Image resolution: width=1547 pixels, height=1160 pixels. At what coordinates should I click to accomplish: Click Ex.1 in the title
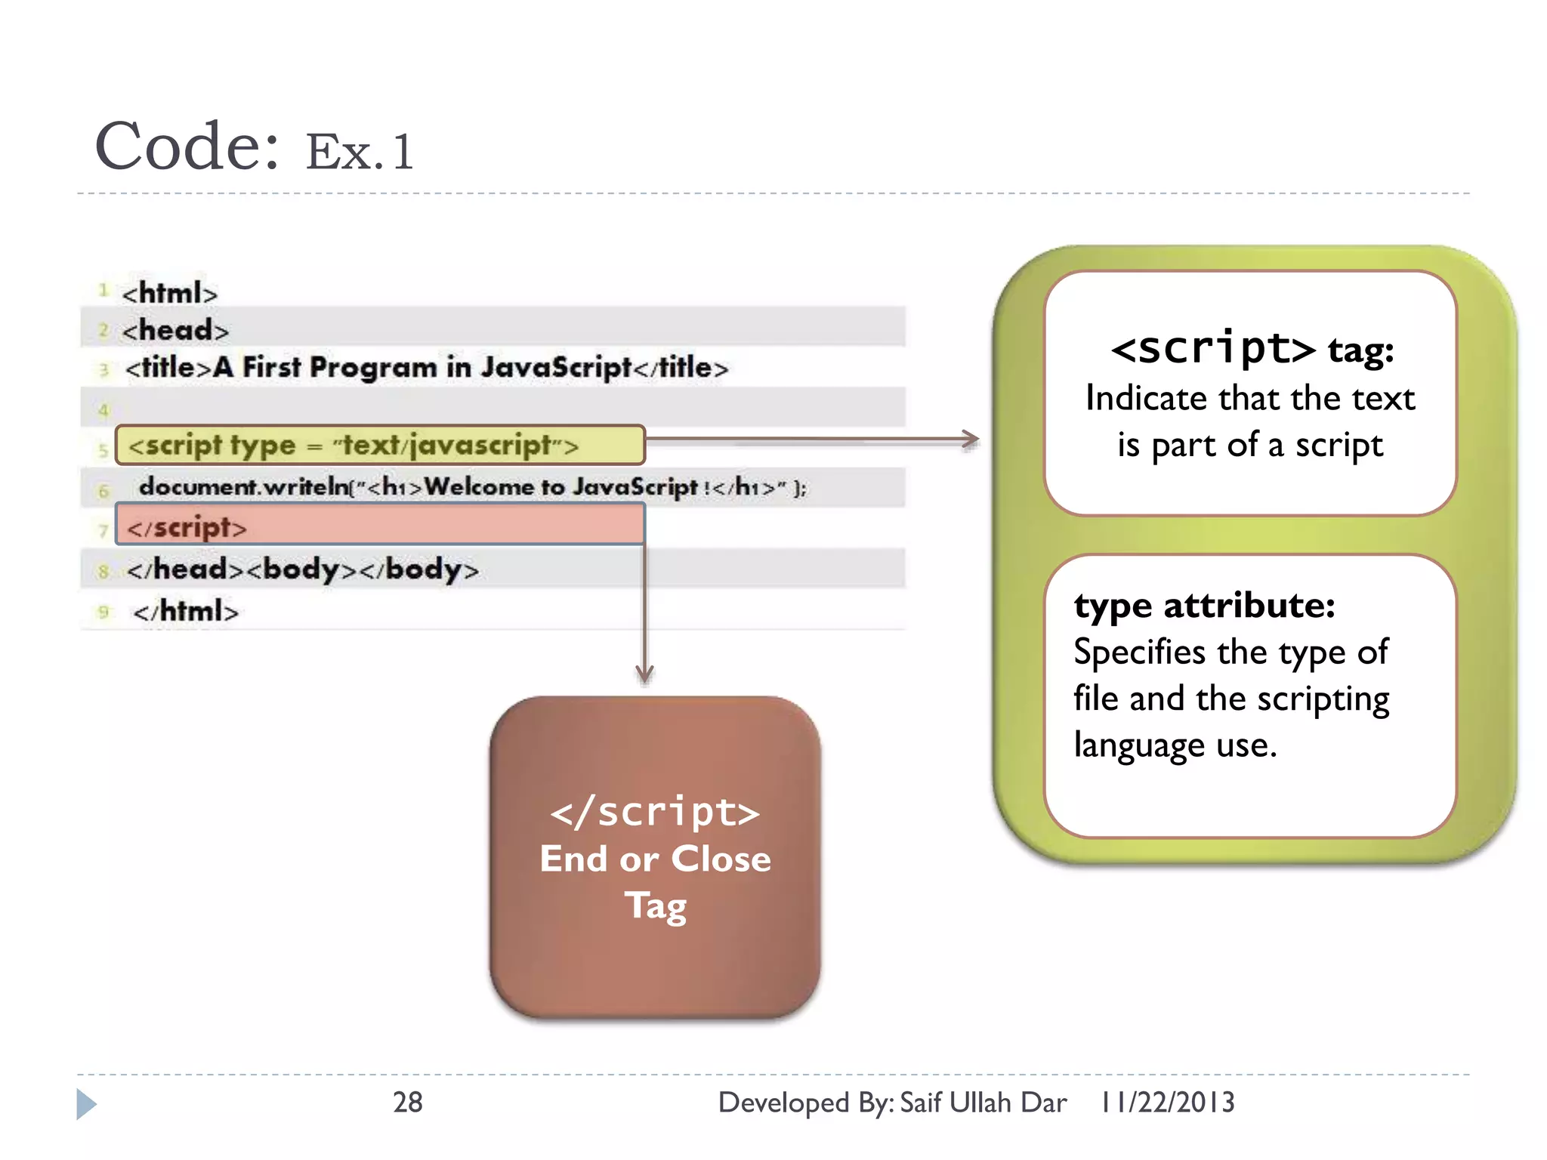click(x=360, y=152)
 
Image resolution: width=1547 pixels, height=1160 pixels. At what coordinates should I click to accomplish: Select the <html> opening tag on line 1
click(x=170, y=293)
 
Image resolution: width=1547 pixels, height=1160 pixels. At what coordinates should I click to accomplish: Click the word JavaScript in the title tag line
click(x=556, y=368)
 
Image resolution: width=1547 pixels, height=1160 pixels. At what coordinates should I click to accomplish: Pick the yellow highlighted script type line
click(x=380, y=445)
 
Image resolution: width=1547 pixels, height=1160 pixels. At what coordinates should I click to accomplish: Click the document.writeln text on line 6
click(x=243, y=487)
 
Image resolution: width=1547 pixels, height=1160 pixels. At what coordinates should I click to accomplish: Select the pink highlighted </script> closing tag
click(x=380, y=525)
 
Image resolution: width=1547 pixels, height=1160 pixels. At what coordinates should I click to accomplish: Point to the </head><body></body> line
click(x=302, y=569)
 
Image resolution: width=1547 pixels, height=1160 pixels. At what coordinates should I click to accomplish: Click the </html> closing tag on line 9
click(x=186, y=611)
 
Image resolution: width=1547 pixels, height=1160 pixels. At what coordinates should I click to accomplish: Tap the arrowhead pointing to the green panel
click(x=970, y=439)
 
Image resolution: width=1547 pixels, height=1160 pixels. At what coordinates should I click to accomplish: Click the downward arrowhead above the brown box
click(x=644, y=674)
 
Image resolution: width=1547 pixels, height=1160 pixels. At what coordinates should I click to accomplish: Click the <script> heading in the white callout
click(x=1212, y=349)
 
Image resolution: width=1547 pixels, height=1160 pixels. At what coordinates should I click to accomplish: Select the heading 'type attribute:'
click(x=1204, y=606)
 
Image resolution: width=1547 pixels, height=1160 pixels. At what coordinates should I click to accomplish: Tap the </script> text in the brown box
click(x=655, y=813)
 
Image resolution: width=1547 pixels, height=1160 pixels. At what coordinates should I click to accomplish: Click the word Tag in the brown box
click(x=655, y=905)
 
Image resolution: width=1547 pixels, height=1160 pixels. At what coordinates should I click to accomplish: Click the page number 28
click(x=407, y=1103)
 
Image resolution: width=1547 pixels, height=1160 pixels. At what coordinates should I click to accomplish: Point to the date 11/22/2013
click(x=1167, y=1103)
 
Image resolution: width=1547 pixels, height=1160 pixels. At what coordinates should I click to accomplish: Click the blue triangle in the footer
click(x=86, y=1104)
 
